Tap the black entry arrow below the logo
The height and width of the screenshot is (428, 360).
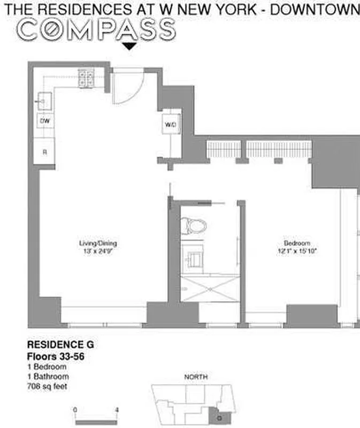tap(129, 47)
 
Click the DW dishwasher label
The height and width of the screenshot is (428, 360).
tap(45, 121)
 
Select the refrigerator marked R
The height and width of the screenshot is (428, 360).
tap(45, 152)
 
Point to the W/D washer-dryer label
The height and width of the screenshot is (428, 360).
tap(171, 125)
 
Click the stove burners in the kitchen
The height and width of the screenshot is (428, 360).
tap(86, 79)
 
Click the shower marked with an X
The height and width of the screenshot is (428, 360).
tap(210, 289)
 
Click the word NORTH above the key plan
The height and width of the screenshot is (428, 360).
tap(196, 377)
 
